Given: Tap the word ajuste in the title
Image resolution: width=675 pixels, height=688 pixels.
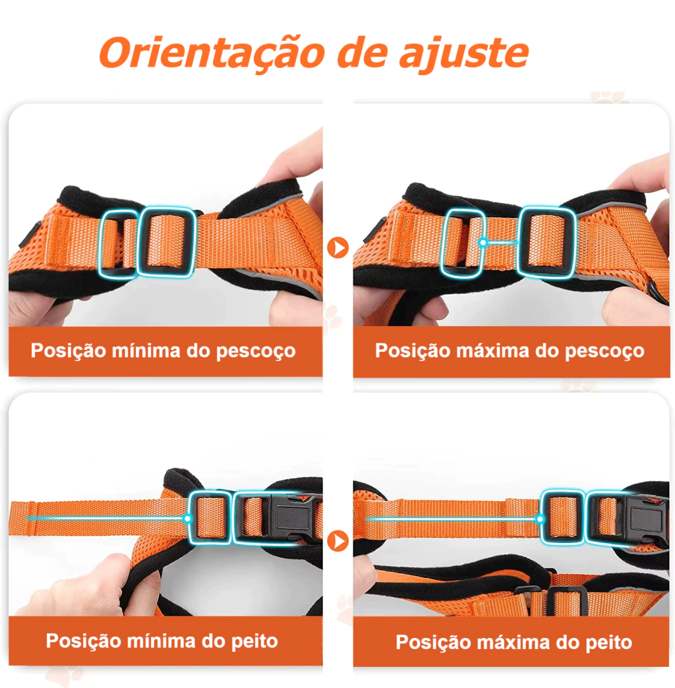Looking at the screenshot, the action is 463,53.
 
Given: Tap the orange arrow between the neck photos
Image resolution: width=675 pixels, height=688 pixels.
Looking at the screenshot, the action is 338,248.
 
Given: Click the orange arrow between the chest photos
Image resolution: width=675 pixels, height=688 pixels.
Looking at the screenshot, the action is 338,540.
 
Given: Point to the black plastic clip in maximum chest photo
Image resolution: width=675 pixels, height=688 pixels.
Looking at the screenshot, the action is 645,519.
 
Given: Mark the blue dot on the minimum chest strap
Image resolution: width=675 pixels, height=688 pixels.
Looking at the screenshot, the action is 187,519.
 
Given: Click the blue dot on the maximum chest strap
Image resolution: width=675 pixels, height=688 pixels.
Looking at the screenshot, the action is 541,519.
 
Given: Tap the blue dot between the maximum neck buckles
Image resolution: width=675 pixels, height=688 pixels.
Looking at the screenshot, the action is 483,243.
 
